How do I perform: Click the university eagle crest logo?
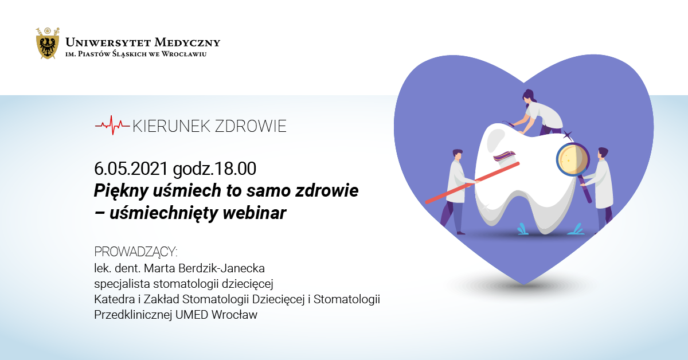tap(48, 43)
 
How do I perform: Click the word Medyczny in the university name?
tap(187, 42)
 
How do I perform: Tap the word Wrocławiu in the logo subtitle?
tap(184, 54)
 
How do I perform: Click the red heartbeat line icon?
tap(112, 125)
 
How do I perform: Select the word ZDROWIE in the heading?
tap(251, 126)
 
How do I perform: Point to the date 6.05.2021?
tap(131, 169)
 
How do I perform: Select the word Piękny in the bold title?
tap(122, 191)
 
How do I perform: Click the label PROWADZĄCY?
tap(136, 252)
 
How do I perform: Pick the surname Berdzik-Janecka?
tap(221, 268)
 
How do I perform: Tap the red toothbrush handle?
tap(472, 183)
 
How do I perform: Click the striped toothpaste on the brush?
tap(505, 156)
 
